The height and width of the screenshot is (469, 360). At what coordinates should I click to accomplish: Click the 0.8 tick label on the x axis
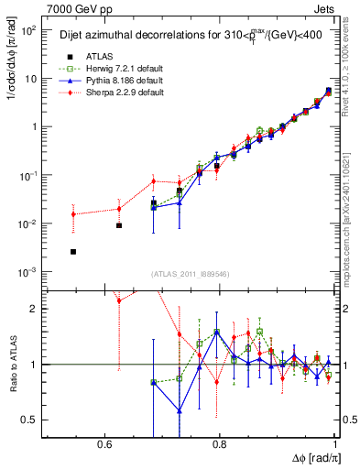220,444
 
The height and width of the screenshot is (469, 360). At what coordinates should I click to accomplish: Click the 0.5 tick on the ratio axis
29,420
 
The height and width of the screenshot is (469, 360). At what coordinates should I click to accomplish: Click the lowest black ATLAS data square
73,251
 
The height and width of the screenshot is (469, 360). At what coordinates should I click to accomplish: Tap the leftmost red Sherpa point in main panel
73,214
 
